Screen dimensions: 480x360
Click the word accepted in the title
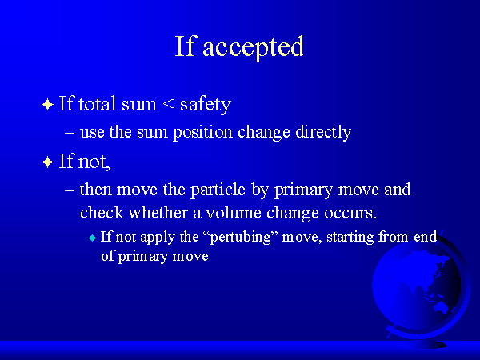click(254, 47)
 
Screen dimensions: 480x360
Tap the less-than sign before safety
click(169, 104)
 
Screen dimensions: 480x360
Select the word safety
click(206, 104)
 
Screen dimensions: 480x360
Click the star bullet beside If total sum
click(47, 104)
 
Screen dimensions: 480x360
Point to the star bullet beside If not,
click(47, 162)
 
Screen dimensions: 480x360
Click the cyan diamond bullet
click(92, 238)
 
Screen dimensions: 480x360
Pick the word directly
click(323, 132)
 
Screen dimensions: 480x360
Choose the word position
click(202, 133)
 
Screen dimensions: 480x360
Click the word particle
click(218, 190)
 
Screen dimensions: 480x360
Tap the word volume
click(234, 213)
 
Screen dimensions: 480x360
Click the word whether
click(158, 213)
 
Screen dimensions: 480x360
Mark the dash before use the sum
click(70, 133)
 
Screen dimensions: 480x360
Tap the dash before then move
click(70, 190)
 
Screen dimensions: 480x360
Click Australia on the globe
click(441, 306)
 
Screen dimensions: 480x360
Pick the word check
click(102, 213)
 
